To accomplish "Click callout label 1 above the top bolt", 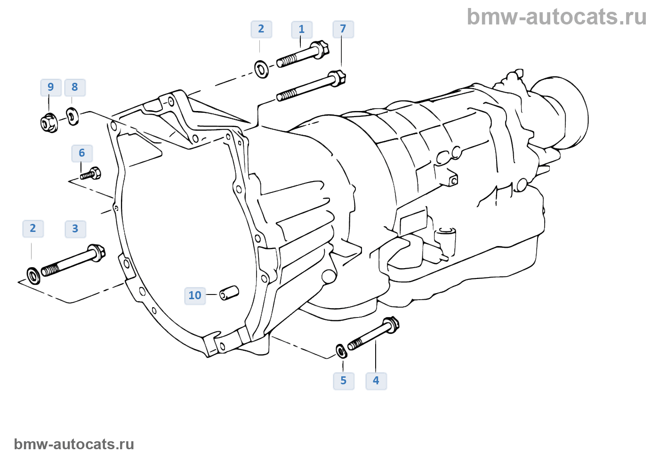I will coord(302,30).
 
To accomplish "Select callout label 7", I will coord(343,29).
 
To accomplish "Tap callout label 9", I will coord(51,87).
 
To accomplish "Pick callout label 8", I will coord(75,87).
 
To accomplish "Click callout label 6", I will coord(82,153).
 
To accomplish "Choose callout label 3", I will coord(75,229).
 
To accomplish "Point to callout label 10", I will coord(195,296).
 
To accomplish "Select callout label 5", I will coord(344,381).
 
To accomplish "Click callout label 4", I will coord(376,381).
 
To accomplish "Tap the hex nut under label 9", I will coord(49,123).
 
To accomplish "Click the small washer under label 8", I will coord(72,116).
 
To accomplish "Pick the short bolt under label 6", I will coord(91,174).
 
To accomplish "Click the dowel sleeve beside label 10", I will coord(229,293).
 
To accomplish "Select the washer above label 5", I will coord(341,350).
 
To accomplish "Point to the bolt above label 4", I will coord(373,334).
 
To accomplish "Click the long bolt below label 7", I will coord(311,87).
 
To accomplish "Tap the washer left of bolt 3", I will coord(34,276).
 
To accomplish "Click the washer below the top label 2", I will coord(262,69).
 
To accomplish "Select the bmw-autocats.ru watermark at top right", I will coord(556,17).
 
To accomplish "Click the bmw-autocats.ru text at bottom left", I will coord(74,445).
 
